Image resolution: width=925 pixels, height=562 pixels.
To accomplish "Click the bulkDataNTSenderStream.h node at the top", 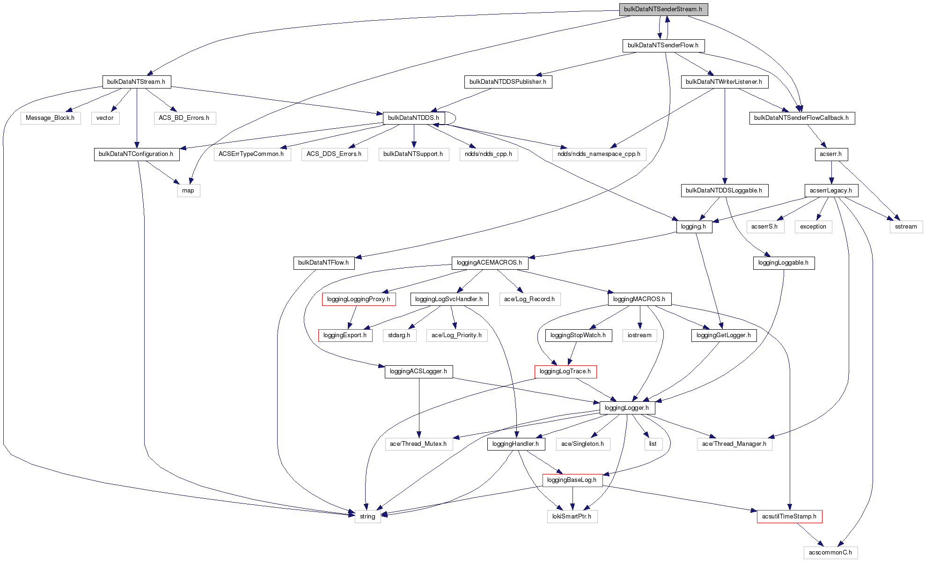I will [663, 9].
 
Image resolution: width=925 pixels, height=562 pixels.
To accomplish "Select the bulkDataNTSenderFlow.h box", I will [663, 45].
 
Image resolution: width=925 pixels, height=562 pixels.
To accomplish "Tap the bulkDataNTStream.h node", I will [136, 81].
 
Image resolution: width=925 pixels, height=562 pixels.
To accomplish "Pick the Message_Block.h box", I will [50, 118].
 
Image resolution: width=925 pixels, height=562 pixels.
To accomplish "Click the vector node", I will [105, 118].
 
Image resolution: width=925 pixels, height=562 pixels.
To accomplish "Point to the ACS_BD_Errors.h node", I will [184, 118].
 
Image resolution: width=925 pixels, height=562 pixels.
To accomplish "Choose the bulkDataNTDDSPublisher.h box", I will [507, 81].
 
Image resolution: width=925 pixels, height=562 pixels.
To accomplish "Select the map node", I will [188, 191].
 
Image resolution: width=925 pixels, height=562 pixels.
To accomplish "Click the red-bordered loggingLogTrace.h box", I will [565, 371].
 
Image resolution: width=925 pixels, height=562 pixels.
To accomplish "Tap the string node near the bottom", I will [367, 517].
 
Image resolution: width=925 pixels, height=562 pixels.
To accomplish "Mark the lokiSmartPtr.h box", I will [572, 517].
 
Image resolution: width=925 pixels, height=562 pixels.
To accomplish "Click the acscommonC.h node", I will [830, 553].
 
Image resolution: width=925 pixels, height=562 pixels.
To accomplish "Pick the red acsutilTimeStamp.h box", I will [789, 517].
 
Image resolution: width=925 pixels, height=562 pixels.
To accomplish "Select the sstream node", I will [906, 227].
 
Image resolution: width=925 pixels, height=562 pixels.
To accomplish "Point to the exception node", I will [813, 227].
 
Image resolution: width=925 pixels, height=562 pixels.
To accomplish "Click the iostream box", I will [639, 335].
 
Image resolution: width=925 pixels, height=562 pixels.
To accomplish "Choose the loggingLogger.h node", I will [627, 408].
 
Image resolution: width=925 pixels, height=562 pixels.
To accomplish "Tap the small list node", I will [653, 444].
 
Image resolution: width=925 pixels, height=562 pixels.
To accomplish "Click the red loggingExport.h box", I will [345, 335].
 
